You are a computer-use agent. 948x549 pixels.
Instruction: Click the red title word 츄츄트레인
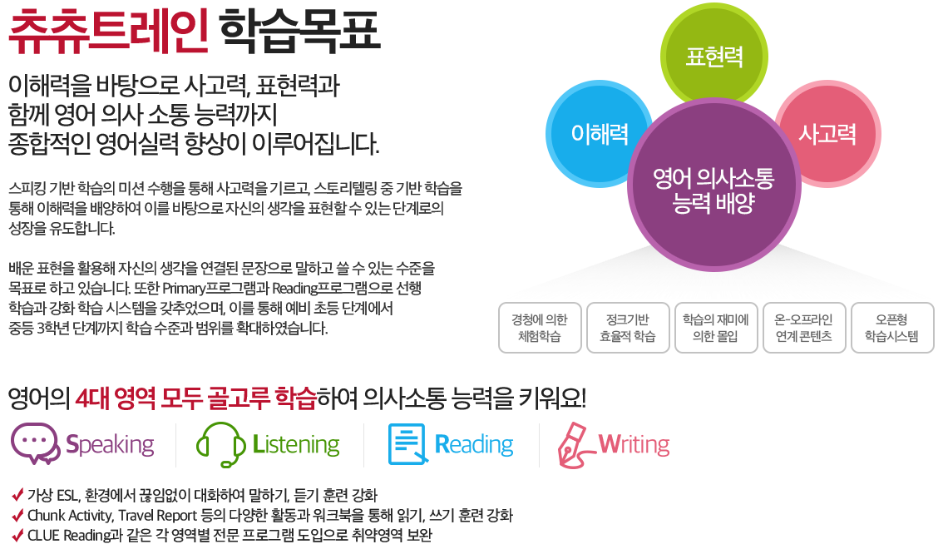[x=107, y=32]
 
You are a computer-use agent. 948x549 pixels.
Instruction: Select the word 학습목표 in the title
[x=300, y=32]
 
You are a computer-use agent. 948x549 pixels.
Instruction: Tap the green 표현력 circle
[x=713, y=57]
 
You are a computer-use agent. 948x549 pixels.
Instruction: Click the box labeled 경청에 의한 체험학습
[x=539, y=328]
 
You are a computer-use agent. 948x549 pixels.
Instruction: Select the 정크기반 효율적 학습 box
[x=628, y=328]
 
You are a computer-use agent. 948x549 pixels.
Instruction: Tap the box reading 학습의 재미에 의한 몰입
[x=715, y=328]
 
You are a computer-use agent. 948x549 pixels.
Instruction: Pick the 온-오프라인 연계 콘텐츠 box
[x=803, y=328]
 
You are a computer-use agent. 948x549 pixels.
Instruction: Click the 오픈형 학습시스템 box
[x=892, y=328]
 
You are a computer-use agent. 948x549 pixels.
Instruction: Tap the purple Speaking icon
[x=35, y=445]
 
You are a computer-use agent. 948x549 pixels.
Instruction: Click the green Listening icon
[x=215, y=445]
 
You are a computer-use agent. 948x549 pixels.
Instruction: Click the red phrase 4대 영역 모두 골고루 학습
[x=195, y=398]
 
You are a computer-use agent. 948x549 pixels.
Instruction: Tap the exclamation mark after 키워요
[x=582, y=398]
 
